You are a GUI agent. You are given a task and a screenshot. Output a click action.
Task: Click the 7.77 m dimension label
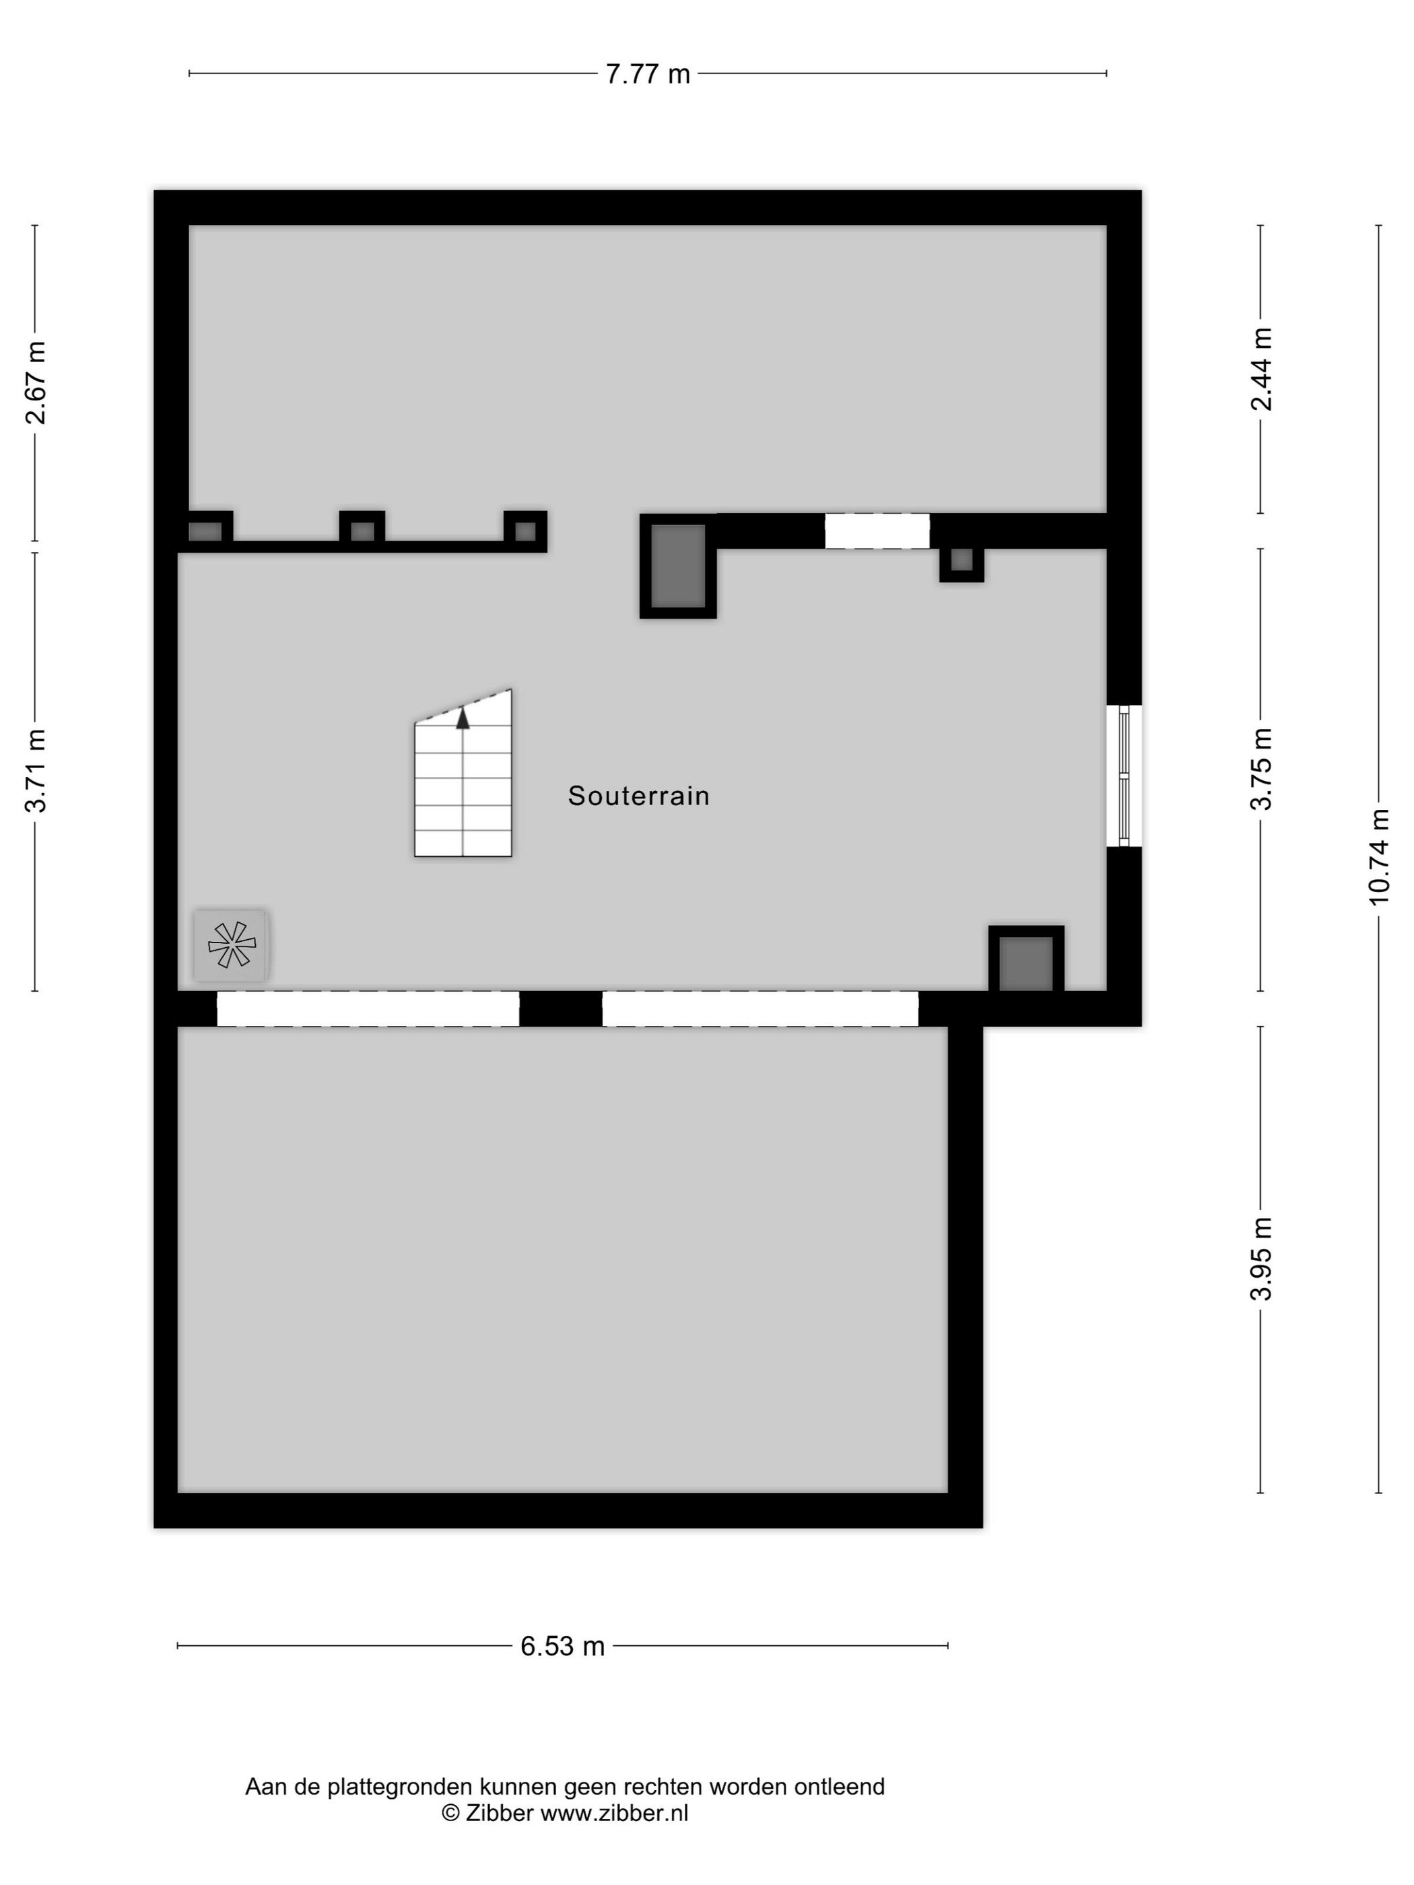tap(648, 74)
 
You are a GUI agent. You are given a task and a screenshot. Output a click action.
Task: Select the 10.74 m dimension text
tap(1378, 856)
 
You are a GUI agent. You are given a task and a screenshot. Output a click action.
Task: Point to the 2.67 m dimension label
tap(36, 382)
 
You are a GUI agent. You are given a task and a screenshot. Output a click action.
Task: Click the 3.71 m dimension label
tap(36, 772)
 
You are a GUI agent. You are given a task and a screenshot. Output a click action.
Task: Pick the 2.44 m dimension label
tap(1261, 369)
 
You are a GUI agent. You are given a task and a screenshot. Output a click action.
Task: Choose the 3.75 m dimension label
tap(1261, 769)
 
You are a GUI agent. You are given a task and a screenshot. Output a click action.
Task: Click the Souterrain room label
tap(639, 796)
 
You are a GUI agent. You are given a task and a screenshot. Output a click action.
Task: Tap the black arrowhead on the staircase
tap(463, 718)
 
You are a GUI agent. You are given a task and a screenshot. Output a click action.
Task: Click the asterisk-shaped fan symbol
tap(231, 945)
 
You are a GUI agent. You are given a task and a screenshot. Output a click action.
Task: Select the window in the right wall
tap(1124, 776)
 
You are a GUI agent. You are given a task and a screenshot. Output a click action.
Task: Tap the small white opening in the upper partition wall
tap(877, 531)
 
